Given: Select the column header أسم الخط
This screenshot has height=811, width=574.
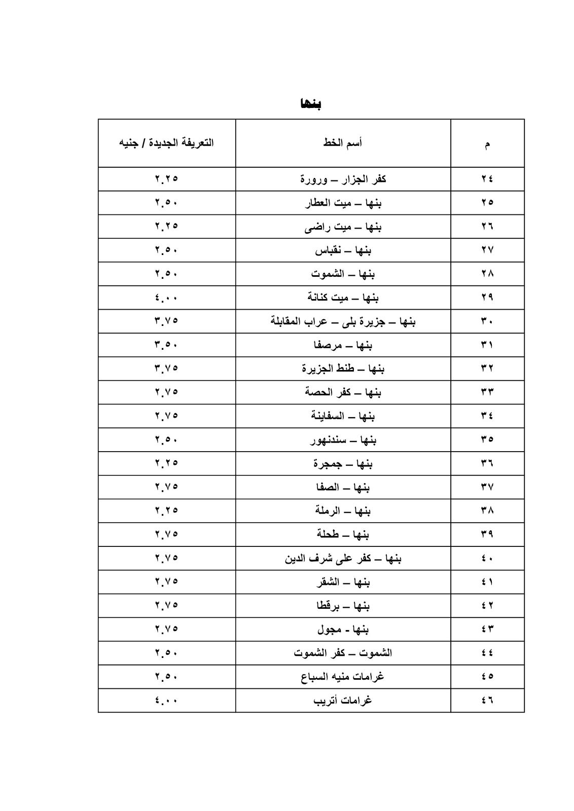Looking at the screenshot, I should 343,143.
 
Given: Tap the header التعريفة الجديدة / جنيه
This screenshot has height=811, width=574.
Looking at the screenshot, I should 166,143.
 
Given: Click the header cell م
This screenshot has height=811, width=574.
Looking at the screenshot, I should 487,144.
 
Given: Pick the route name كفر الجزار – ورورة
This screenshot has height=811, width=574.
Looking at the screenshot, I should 343,179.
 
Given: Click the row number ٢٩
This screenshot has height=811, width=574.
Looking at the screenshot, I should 487,298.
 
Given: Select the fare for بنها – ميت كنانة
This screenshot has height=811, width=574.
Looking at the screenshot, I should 166,298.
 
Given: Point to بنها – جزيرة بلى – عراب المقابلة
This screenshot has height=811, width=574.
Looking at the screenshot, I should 343,321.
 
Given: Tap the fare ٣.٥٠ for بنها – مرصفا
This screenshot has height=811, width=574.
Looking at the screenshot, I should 166,345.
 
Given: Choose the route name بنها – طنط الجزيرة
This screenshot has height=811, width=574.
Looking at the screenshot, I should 343,368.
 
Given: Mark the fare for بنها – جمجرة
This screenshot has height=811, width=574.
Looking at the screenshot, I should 166,463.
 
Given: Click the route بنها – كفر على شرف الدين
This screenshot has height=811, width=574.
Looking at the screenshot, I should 343,559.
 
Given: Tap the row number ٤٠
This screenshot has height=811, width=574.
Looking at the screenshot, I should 487,559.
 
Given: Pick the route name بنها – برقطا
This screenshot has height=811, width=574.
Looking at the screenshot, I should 343,606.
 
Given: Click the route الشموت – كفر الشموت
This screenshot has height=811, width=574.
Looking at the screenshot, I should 343,653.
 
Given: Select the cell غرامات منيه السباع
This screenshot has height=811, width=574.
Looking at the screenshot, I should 343,677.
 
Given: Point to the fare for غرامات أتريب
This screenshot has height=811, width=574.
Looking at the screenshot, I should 166,701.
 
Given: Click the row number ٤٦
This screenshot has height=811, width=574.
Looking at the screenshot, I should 487,701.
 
